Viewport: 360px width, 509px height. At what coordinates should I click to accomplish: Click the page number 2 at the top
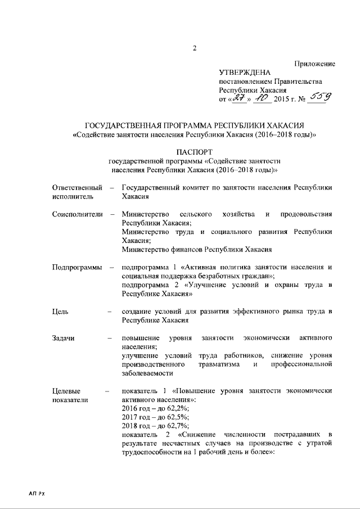[x=194, y=48]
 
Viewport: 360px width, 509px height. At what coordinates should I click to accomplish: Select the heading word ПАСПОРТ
[x=195, y=152]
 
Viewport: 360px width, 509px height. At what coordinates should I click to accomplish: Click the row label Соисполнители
[x=76, y=214]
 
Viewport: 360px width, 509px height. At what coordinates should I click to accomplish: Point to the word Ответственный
[x=77, y=187]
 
